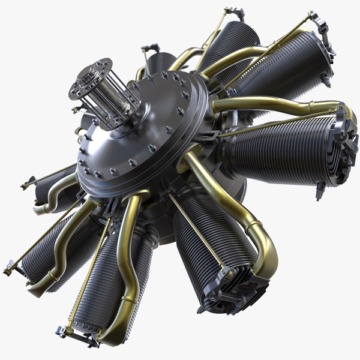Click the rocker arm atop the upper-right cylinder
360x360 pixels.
pyautogui.click(x=317, y=24)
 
